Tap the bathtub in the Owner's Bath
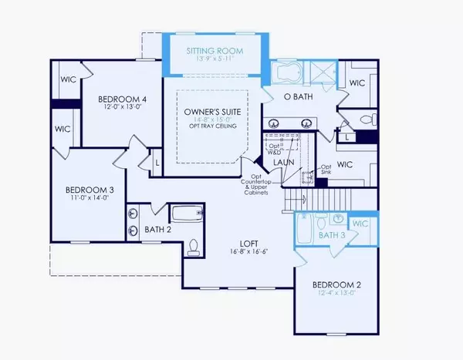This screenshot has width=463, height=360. point(289,73)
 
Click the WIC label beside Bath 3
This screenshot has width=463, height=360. point(361,224)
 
